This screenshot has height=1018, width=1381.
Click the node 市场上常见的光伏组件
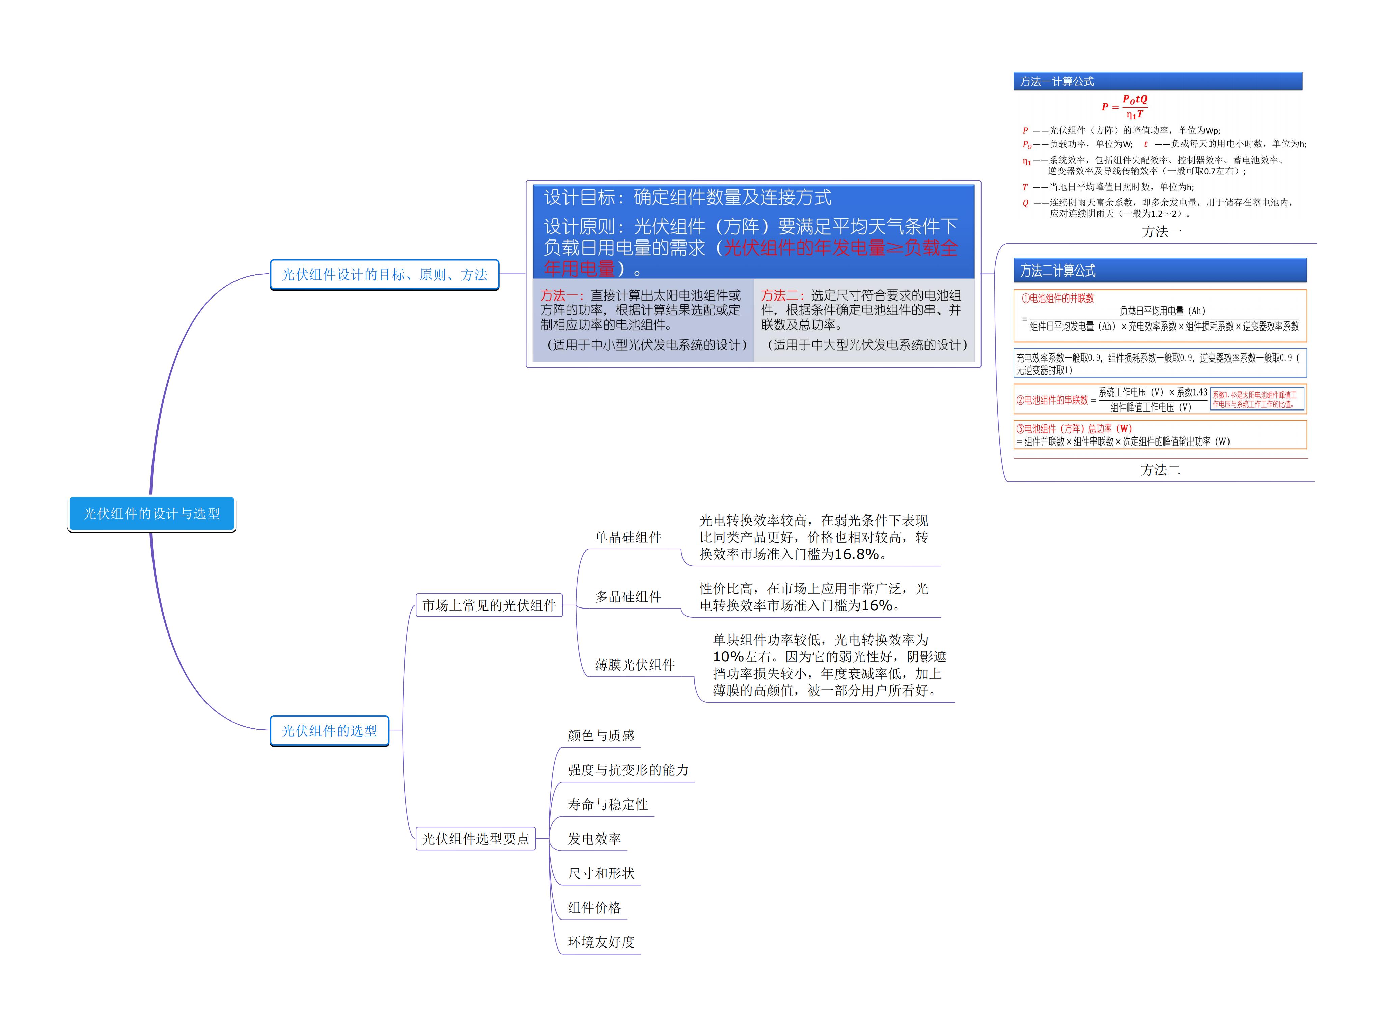[x=489, y=605]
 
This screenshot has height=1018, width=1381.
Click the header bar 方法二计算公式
[x=1159, y=271]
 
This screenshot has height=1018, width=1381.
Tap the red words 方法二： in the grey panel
[x=783, y=296]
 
